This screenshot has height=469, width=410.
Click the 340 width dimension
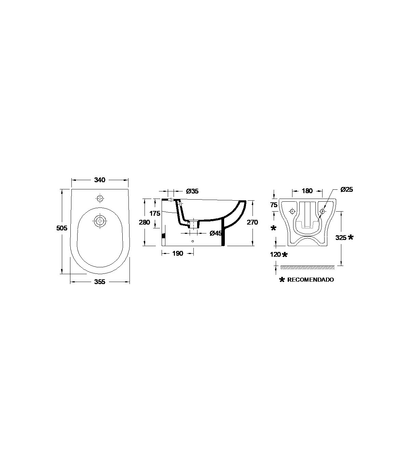(100, 180)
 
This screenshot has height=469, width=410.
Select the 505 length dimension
(62, 228)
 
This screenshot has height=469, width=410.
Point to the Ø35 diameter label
(192, 191)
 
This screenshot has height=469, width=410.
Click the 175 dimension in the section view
(155, 213)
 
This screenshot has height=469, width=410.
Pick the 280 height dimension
(145, 222)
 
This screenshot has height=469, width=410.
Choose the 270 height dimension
(252, 222)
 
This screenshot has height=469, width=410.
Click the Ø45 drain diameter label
(216, 233)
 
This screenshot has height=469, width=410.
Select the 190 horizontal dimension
(178, 253)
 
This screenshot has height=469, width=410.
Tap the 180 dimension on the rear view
(307, 191)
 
